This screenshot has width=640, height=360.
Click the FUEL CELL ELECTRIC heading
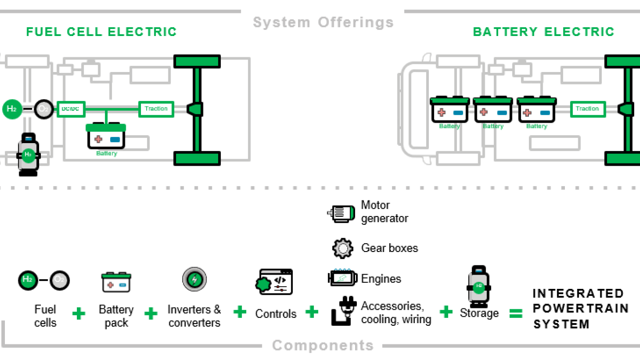tap(101, 32)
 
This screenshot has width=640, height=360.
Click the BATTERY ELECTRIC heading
tap(543, 32)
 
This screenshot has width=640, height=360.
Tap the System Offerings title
tap(323, 22)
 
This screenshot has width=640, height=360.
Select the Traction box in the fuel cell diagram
tap(156, 109)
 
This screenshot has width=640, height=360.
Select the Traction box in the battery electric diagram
tap(587, 109)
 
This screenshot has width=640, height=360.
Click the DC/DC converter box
tap(71, 109)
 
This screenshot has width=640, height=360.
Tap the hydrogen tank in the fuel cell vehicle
tap(28, 154)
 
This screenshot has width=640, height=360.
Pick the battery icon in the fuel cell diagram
tap(106, 136)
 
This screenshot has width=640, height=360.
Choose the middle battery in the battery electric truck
tap(493, 110)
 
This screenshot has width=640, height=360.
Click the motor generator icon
tap(341, 213)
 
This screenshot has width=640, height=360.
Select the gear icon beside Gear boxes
tap(342, 248)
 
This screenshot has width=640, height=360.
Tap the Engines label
tap(381, 279)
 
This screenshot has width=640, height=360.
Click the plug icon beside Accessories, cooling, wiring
tap(343, 311)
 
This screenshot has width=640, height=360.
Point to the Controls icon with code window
tap(274, 282)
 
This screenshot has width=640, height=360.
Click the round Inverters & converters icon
tap(194, 280)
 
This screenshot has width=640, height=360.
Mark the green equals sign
tap(516, 314)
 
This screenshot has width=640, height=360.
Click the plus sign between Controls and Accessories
tap(312, 312)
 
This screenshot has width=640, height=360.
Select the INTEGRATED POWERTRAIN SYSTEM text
tap(580, 309)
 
